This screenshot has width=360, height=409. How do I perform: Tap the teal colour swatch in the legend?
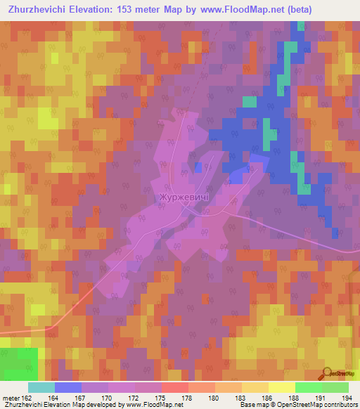pyautogui.click(x=41, y=387)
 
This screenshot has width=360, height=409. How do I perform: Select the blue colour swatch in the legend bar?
pyautogui.click(x=67, y=387)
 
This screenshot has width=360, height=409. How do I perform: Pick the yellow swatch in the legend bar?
pyautogui.click(x=281, y=387)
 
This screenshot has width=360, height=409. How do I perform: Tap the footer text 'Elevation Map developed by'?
pyautogui.click(x=78, y=405)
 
